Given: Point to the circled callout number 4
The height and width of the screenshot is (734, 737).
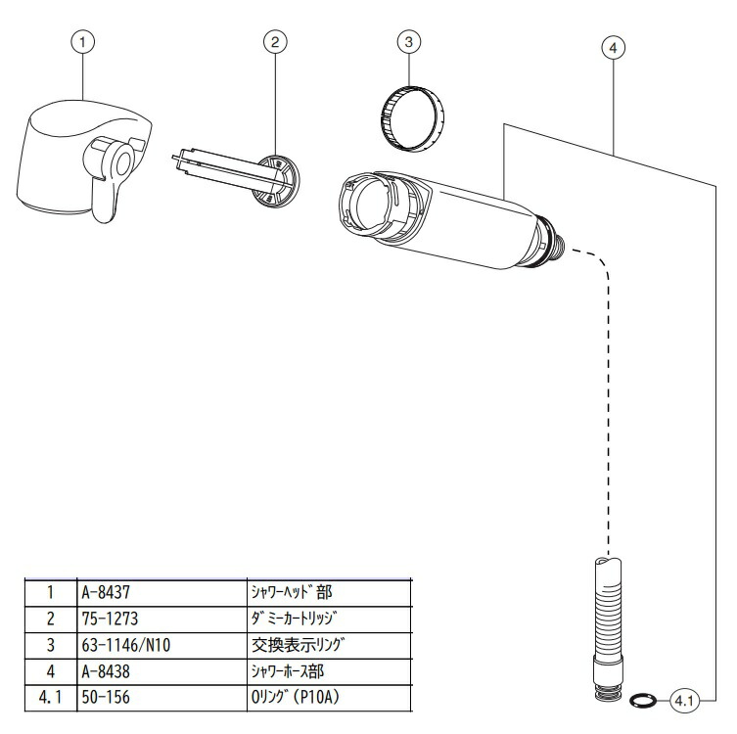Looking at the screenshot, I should point(614,46).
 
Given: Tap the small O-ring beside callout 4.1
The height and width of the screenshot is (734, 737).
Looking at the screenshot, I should point(643,699).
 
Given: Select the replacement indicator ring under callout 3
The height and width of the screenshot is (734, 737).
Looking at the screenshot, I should point(410,118).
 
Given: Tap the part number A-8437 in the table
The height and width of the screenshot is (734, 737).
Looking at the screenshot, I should point(107,592).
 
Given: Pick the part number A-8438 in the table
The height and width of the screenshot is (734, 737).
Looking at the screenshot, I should point(107,672).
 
